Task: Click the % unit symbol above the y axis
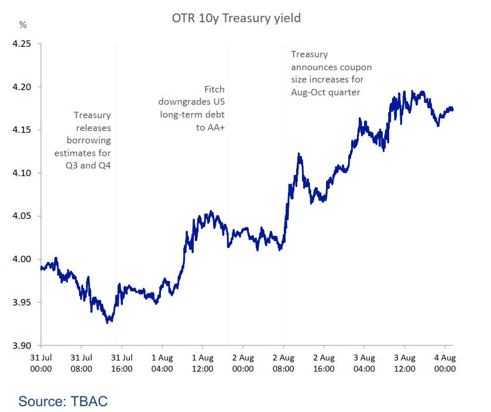[x=23, y=25]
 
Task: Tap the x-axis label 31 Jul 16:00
[x=122, y=363]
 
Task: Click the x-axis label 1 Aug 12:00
[x=202, y=363]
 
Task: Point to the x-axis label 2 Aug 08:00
[x=283, y=363]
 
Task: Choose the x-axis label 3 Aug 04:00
[x=364, y=363]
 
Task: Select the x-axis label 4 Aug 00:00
[x=445, y=363]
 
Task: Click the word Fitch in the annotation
[x=214, y=90]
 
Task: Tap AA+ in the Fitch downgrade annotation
[x=213, y=127]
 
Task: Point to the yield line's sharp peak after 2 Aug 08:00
[x=299, y=154]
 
